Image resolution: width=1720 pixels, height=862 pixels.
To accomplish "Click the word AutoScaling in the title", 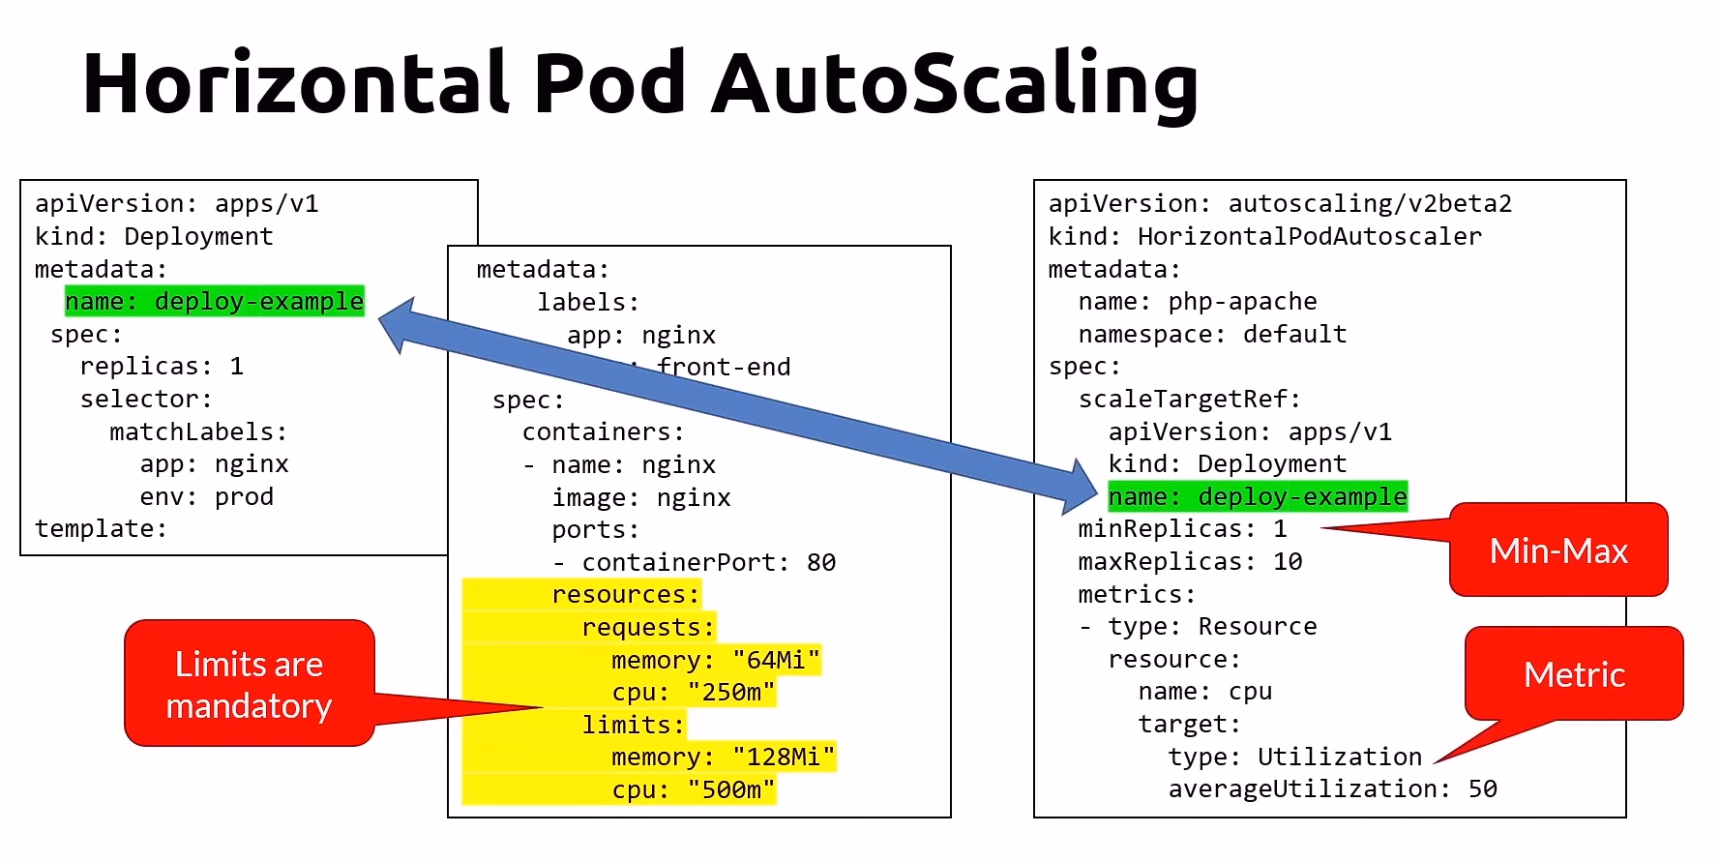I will coord(955,83).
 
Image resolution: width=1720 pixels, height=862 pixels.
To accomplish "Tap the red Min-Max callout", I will coord(1557,550).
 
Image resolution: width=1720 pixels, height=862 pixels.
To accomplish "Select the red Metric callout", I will coord(1574,674).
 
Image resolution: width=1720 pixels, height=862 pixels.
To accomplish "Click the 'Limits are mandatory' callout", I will coord(250,684).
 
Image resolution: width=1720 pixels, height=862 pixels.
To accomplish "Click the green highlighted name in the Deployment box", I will coord(215,302).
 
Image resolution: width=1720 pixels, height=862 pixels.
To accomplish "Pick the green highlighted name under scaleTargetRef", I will coord(1258,497).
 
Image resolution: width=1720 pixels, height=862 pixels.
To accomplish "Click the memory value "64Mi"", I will coord(776,661).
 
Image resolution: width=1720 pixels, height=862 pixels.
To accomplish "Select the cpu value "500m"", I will coord(731,790).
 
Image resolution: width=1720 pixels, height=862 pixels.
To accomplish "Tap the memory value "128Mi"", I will coord(784,758).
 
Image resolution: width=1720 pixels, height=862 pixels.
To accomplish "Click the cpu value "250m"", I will coord(731,693).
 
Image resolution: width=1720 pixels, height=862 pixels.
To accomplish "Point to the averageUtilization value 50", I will coord(1482,789).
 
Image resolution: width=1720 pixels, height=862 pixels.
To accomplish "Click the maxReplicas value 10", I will coord(1288,562).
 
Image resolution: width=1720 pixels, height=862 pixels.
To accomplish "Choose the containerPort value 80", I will coord(821,563).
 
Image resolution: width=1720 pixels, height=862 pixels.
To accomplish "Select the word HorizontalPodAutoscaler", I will coord(1309,237).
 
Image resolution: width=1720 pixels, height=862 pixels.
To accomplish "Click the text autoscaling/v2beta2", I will coord(1369,204).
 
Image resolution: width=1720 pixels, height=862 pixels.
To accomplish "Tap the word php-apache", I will coord(1242,302).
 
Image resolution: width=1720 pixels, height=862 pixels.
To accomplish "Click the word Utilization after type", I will coord(1340,758).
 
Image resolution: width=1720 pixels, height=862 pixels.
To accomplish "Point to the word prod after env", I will coord(244,497).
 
